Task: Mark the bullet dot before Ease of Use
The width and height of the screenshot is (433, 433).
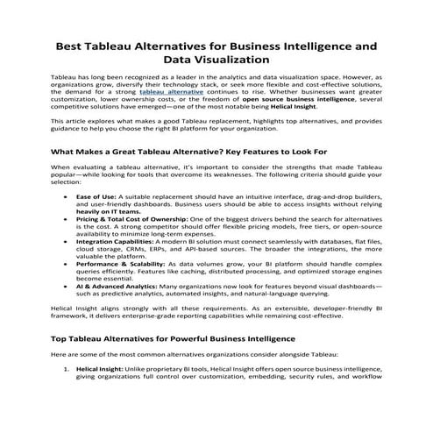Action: tap(67, 197)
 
